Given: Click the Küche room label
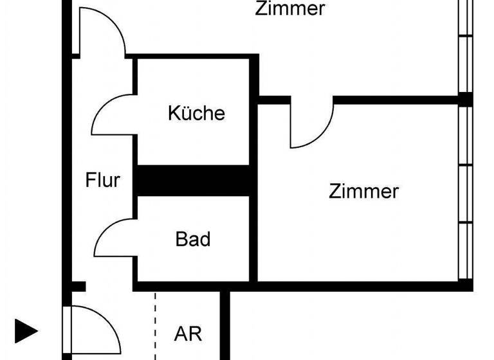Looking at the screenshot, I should [x=197, y=113].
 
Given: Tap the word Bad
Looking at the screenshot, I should [x=193, y=240].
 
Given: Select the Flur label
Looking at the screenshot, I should [x=103, y=180].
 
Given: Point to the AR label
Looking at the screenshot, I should [x=188, y=334].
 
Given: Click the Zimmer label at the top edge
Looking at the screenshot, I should [x=289, y=9].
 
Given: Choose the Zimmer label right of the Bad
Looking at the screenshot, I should [x=363, y=192].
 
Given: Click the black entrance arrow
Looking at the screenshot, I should [x=26, y=332].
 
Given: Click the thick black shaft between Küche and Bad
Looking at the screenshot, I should [x=193, y=181].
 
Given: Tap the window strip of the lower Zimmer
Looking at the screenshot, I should [x=466, y=193].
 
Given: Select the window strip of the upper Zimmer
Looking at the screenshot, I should [x=466, y=45].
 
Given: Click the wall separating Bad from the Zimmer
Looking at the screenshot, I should [x=254, y=238].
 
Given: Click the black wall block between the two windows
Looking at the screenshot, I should [x=466, y=99].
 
